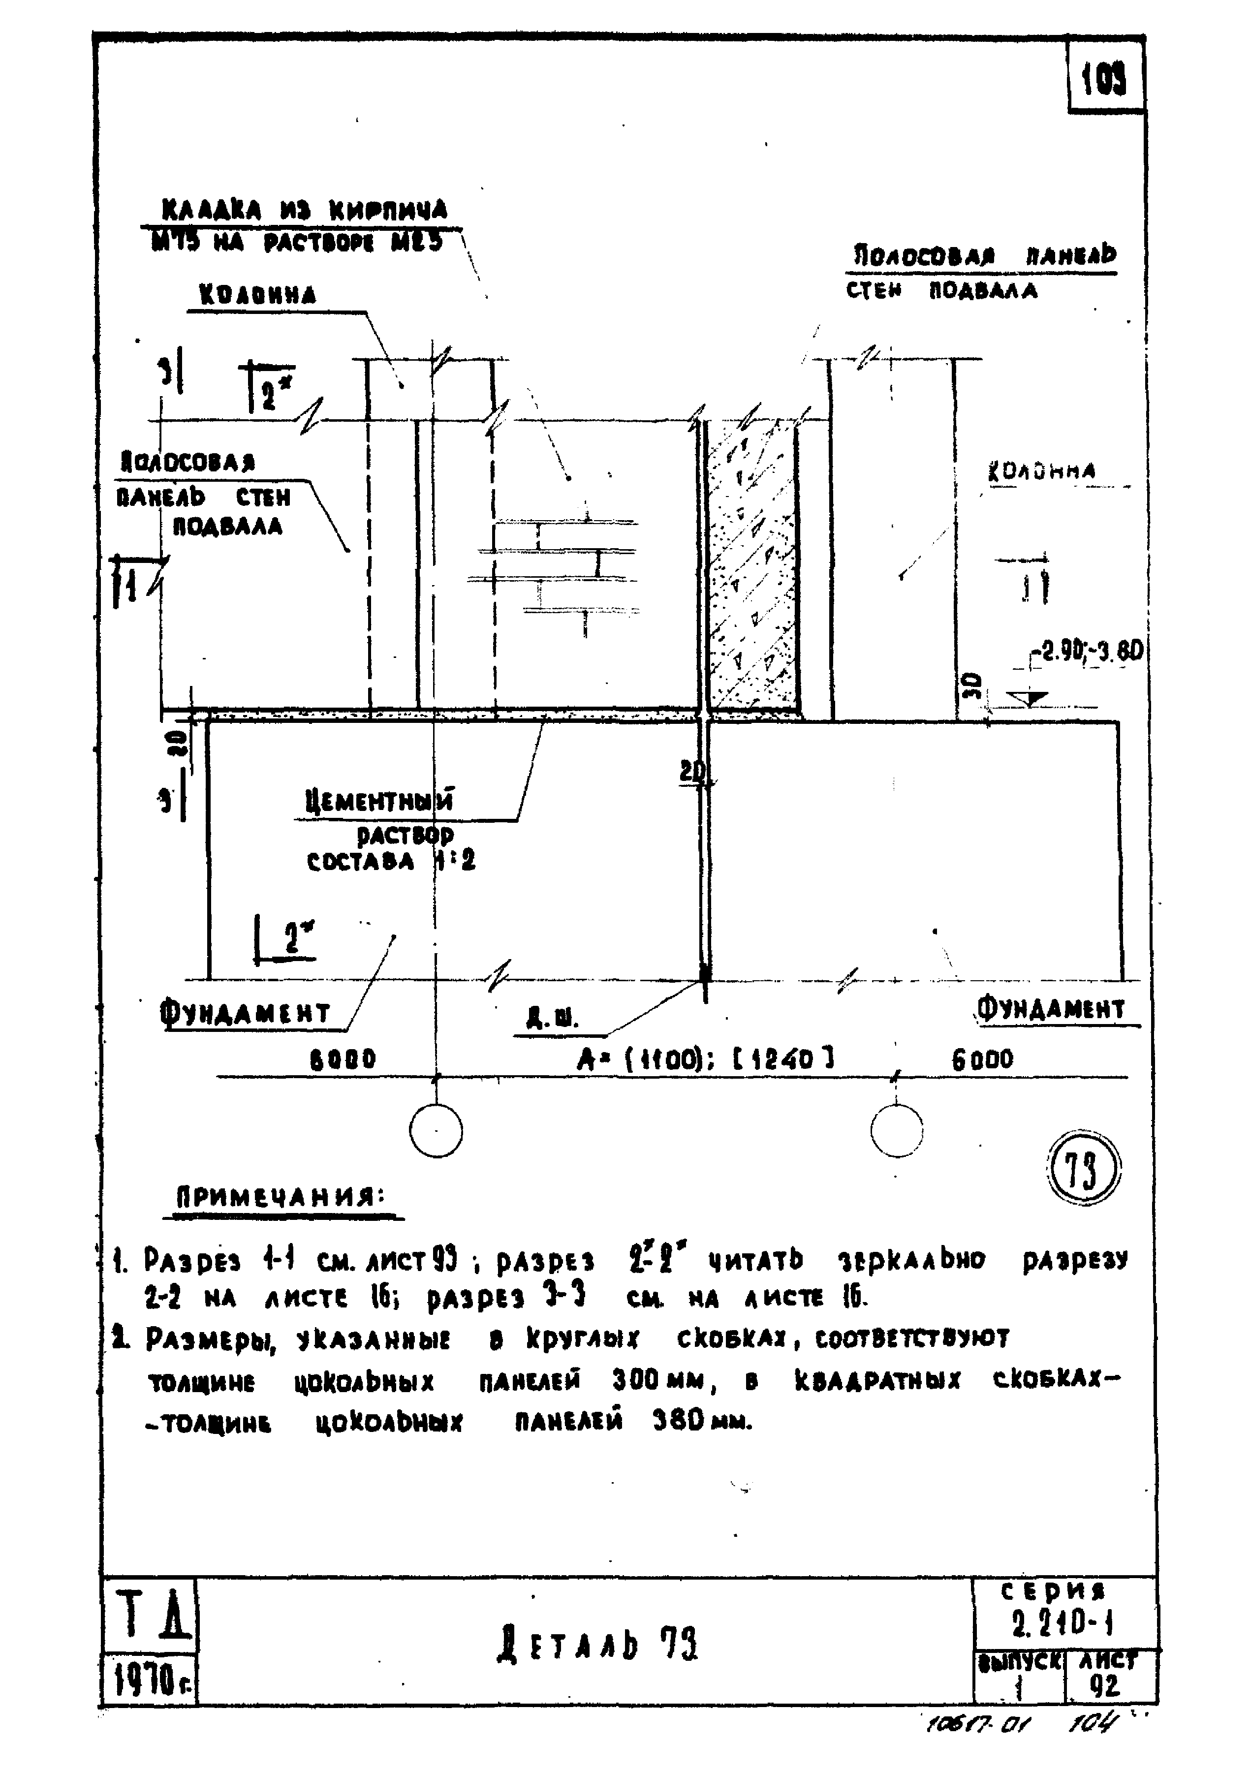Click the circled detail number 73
[1083, 1171]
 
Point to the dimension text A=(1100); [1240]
[706, 1058]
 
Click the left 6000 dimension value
[343, 1058]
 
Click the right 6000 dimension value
[982, 1058]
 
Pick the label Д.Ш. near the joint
[552, 1021]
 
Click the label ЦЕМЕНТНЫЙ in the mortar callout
[378, 800]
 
